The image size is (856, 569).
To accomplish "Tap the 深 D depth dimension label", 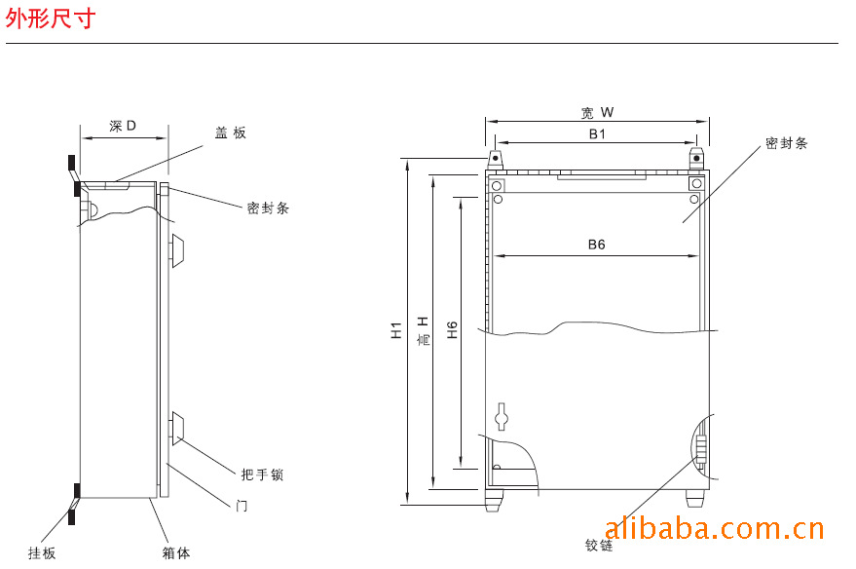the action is pos(123,126).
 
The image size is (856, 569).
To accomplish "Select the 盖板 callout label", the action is pos(231,133).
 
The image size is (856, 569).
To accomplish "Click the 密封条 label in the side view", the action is pos(268,209).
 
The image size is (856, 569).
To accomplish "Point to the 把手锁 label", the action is pos(262,474).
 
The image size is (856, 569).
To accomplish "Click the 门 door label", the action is pos(242,507).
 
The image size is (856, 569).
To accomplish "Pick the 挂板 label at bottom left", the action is pos(42,553).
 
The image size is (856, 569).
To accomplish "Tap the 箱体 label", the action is pos(176,553).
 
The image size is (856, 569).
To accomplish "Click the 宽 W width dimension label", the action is pos(597,112).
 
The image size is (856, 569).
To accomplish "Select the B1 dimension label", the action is pos(597,134).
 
